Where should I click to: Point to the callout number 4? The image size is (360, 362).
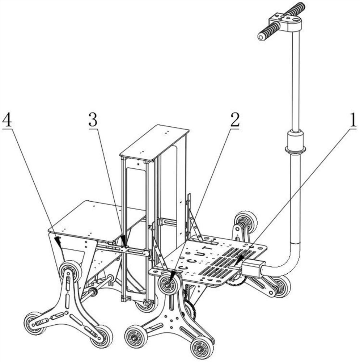(7, 120)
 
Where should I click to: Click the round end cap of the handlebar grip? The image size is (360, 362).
(261, 37)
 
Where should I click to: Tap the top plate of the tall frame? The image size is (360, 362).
(154, 143)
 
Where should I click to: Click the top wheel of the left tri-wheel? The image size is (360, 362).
(70, 271)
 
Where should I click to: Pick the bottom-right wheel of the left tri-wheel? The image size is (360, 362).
(101, 337)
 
